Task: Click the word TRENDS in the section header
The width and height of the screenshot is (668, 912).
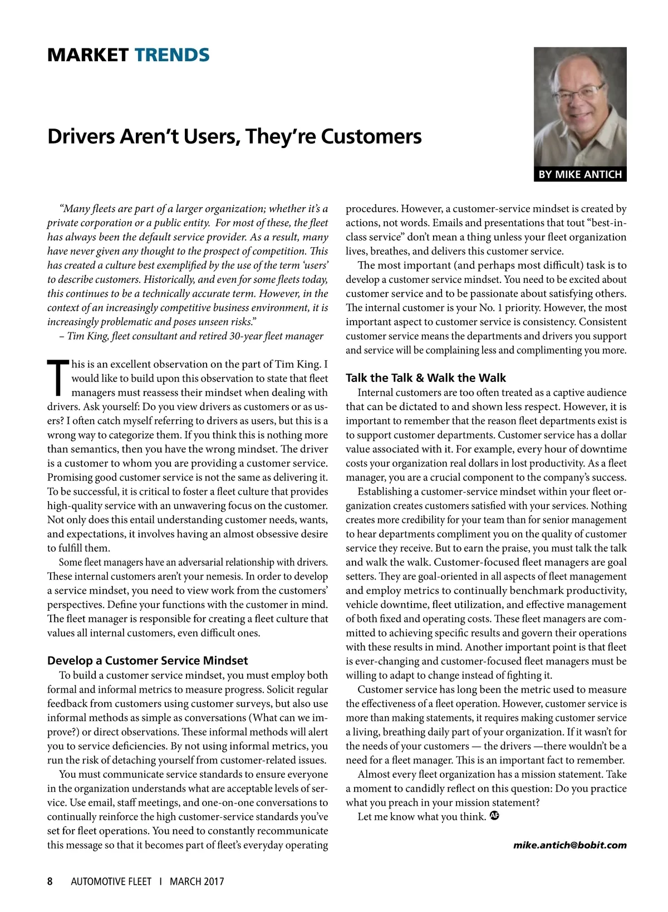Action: pyautogui.click(x=172, y=55)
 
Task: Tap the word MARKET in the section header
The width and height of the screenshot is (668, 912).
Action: pyautogui.click(x=88, y=55)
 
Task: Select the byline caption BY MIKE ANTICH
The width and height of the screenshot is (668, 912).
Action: pyautogui.click(x=579, y=174)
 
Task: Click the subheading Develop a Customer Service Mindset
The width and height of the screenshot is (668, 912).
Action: pyautogui.click(x=148, y=660)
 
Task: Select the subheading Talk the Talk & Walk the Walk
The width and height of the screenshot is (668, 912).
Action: pyautogui.click(x=426, y=378)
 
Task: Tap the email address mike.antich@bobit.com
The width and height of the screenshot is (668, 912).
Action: pyautogui.click(x=569, y=845)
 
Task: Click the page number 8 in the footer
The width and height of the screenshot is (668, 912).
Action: pyautogui.click(x=50, y=881)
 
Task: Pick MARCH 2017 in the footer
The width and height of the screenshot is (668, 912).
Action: pyautogui.click(x=197, y=881)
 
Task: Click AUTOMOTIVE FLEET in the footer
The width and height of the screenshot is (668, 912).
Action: pyautogui.click(x=111, y=881)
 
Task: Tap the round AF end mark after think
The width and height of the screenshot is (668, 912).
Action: pyautogui.click(x=494, y=816)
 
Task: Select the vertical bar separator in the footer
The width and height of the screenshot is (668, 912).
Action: pyautogui.click(x=160, y=881)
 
